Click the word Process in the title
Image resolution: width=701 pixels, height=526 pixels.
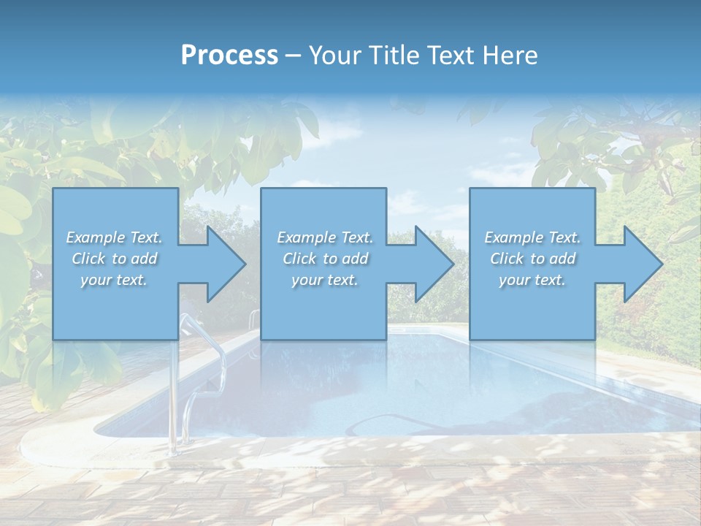[x=229, y=56]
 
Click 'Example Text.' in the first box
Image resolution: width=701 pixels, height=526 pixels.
[x=114, y=237]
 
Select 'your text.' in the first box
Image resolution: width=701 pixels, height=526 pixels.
[x=114, y=280]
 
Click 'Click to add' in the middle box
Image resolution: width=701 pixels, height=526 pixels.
[x=325, y=259]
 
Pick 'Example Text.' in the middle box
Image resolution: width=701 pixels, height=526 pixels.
[x=325, y=237]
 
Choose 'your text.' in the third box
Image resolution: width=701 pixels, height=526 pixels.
[x=532, y=280]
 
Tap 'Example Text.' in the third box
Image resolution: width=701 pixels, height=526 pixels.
[x=532, y=237]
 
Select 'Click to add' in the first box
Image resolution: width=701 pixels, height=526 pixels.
[x=114, y=259]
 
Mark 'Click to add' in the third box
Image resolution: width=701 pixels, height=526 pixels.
[x=532, y=259]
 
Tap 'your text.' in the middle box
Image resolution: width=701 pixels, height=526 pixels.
[x=325, y=280]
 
